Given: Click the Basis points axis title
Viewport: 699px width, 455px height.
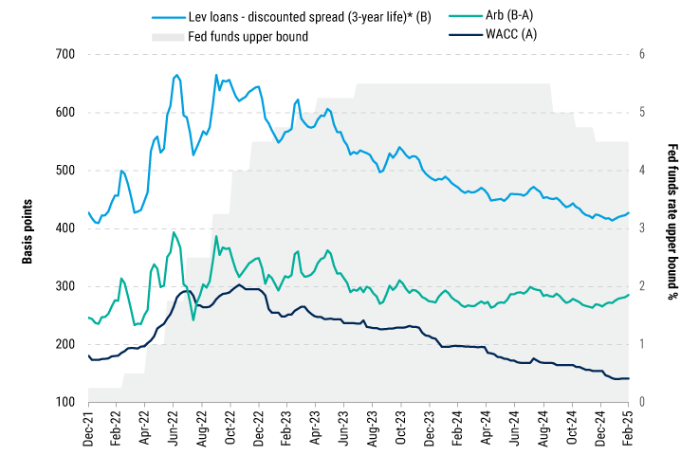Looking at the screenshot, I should coord(28,227).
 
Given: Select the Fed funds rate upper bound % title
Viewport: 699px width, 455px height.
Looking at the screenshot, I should coord(674,227).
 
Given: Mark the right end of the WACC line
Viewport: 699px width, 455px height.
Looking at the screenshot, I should coord(628,378).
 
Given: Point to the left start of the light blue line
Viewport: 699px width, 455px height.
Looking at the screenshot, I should coord(88,212).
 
